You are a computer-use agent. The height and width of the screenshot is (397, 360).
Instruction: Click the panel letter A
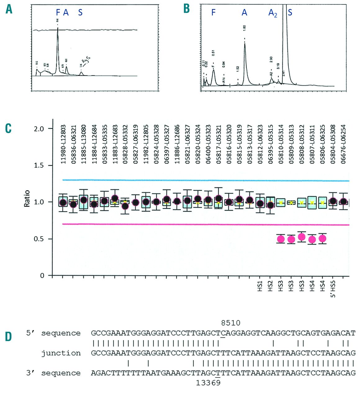click(x=9, y=9)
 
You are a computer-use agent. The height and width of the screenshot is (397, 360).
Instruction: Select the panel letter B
click(x=187, y=9)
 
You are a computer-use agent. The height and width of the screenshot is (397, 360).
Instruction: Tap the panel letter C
click(x=8, y=128)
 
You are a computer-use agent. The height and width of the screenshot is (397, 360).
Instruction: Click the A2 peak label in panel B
click(x=272, y=13)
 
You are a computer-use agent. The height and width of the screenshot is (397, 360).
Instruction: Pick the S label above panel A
click(x=80, y=12)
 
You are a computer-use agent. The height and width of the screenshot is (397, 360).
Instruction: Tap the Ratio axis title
click(x=27, y=198)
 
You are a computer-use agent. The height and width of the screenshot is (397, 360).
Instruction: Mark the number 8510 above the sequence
click(x=231, y=323)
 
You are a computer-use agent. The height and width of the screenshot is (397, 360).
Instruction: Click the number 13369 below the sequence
click(x=208, y=383)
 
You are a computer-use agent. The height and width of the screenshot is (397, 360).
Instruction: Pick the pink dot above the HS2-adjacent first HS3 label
click(x=281, y=239)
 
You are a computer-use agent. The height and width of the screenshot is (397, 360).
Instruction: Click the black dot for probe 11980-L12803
click(x=63, y=203)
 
